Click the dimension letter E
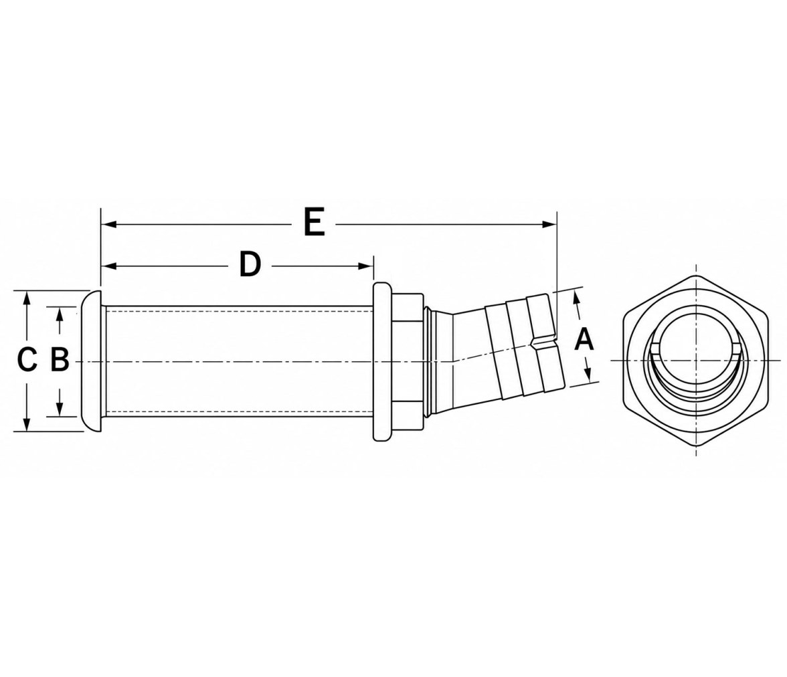[x=315, y=223]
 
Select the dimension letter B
[x=60, y=360]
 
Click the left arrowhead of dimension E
[x=109, y=224]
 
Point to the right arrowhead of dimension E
[x=549, y=224]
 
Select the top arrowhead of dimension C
[x=28, y=298]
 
